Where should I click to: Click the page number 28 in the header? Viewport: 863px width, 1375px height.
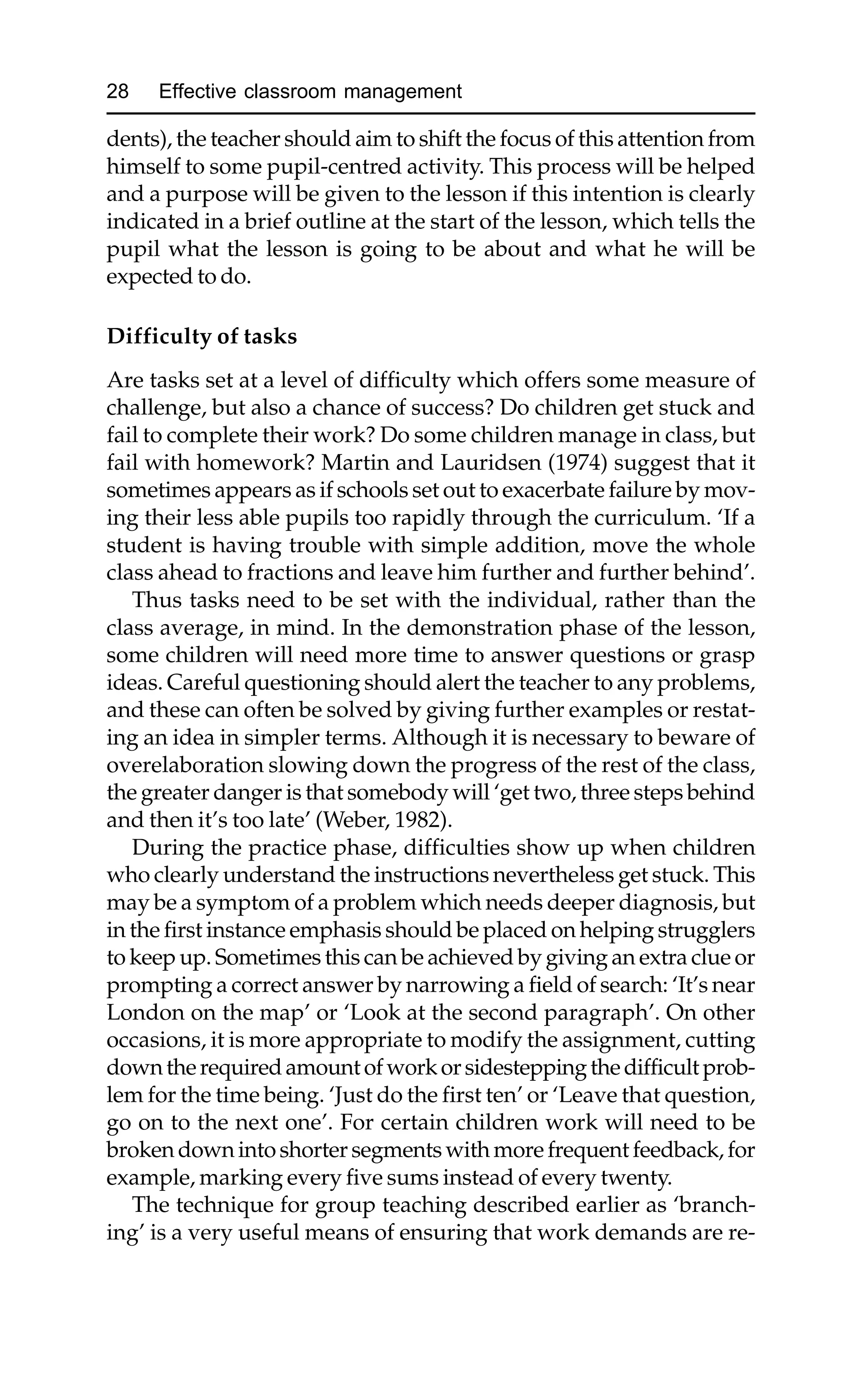[118, 91]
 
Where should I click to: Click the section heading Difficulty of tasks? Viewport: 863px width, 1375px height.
[201, 336]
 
